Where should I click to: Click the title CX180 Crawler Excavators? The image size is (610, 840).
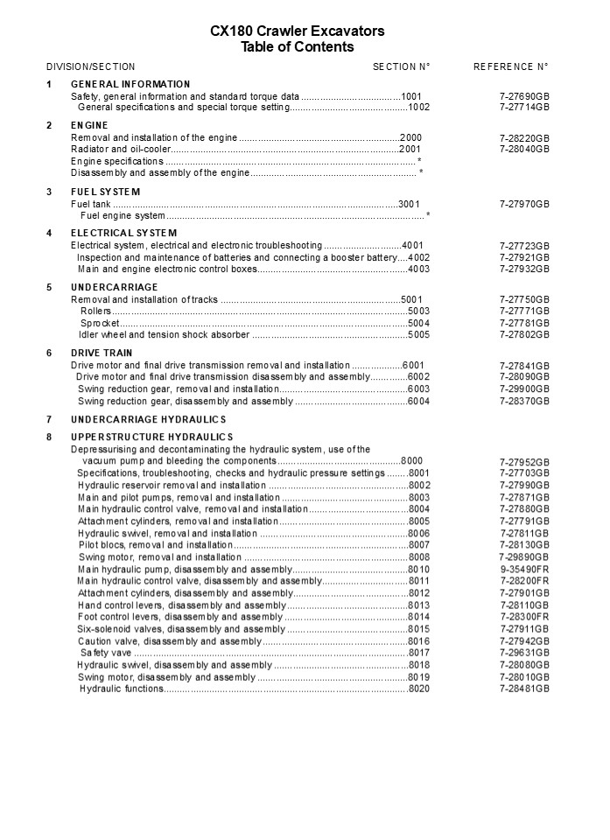pos(297,31)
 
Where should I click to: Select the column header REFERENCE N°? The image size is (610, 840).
pos(511,66)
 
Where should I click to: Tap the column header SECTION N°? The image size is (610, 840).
pos(402,66)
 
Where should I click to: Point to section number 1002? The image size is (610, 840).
pos(419,107)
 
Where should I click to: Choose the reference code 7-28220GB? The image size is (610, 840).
pos(524,138)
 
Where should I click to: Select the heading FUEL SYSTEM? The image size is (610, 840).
pos(105,192)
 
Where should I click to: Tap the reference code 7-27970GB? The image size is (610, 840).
pos(524,204)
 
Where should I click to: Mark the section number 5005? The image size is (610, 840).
pos(419,334)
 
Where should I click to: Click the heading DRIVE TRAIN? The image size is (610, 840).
pos(102,353)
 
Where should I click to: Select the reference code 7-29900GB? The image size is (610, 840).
pos(524,388)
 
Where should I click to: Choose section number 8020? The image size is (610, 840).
pos(419,689)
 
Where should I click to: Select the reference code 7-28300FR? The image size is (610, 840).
pos(524,617)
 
